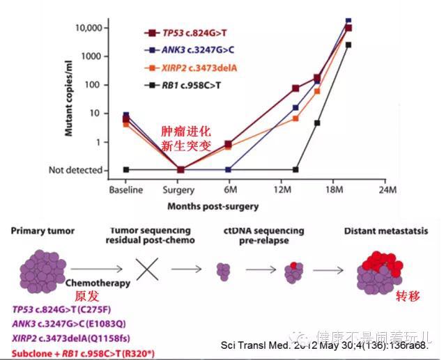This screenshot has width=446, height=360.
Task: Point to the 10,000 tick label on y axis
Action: (89, 27)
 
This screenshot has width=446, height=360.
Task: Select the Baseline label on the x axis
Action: (126, 189)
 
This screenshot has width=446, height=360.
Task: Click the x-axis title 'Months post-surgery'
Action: (213, 206)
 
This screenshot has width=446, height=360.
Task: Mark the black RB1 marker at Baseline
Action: (126, 170)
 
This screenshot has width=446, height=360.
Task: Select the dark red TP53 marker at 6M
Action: (229, 144)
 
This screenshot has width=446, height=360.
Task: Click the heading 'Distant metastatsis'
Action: (379, 231)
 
